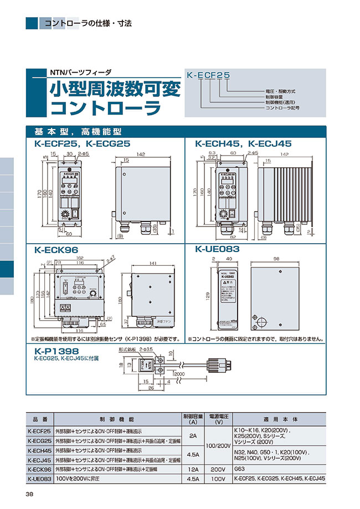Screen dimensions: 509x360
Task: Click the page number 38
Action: [x=29, y=494]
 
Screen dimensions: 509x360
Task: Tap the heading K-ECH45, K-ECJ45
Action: [x=244, y=143]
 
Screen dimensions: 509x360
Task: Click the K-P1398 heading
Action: [x=57, y=351]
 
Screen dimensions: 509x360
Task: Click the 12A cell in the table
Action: [x=193, y=469]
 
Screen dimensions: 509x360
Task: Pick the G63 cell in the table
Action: [x=241, y=469]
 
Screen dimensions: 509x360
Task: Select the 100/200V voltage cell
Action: [x=218, y=445]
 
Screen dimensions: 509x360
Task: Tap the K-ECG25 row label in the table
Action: [x=39, y=441]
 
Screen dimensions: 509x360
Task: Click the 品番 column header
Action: [x=40, y=420]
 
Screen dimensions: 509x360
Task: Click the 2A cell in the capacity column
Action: [x=193, y=436]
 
